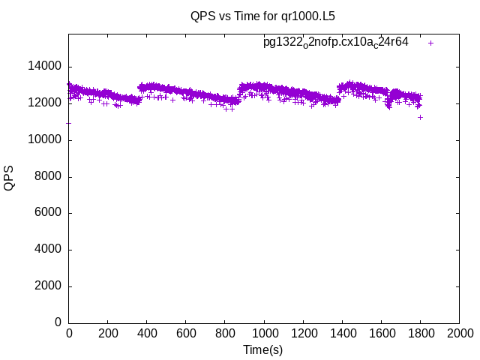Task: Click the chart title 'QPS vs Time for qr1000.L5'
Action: pyautogui.click(x=257, y=15)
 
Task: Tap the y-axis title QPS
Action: pyautogui.click(x=10, y=178)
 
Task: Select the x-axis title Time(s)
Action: pyautogui.click(x=262, y=349)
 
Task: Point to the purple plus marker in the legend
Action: pyautogui.click(x=431, y=43)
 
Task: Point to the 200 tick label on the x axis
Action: pyautogui.click(x=108, y=333)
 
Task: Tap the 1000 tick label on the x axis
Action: pyautogui.click(x=264, y=333)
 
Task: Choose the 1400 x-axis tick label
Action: pyautogui.click(x=342, y=333)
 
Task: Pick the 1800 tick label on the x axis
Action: pyautogui.click(x=420, y=333)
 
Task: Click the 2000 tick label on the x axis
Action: pyautogui.click(x=459, y=333)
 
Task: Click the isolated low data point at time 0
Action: pyautogui.click(x=69, y=123)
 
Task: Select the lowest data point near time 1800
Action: pyautogui.click(x=421, y=117)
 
